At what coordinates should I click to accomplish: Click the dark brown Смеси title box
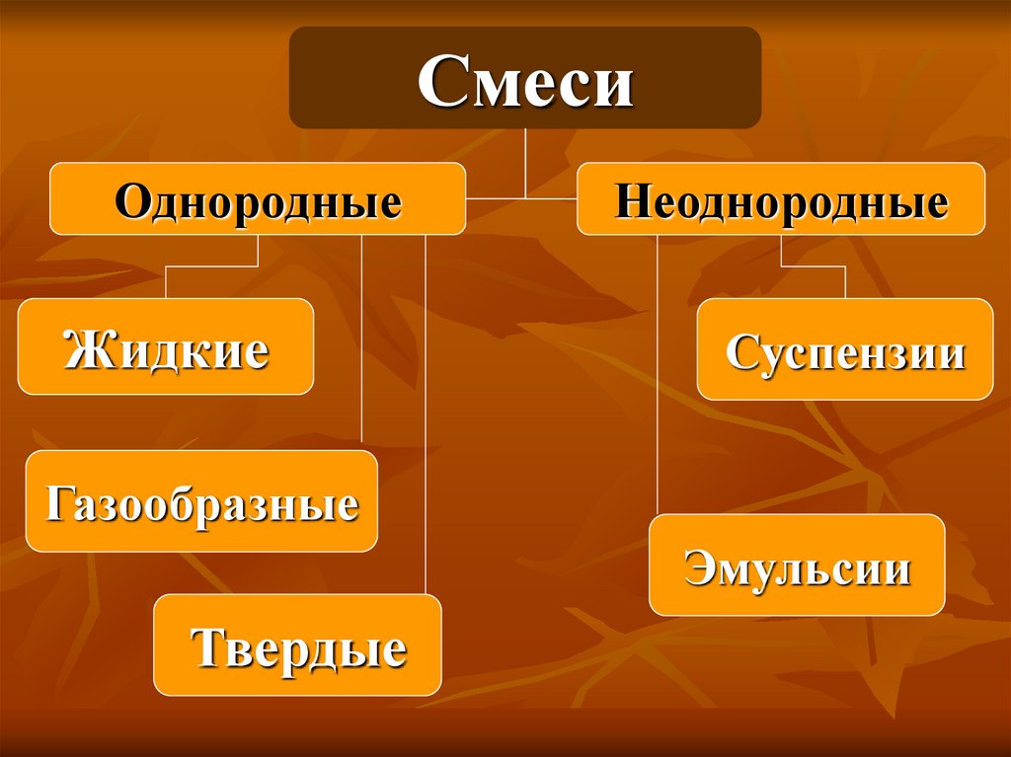[x=524, y=78]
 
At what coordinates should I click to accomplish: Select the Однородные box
[x=258, y=199]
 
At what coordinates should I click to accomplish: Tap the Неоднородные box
[x=781, y=199]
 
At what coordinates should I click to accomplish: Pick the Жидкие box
[x=166, y=346]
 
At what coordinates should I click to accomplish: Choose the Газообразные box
[x=201, y=501]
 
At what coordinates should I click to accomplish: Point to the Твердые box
[x=297, y=645]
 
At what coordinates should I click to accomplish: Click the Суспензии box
[x=845, y=349]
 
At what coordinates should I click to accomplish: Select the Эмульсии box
[x=797, y=566]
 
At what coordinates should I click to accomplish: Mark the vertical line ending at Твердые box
[x=426, y=415]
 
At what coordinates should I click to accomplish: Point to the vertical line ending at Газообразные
[x=362, y=341]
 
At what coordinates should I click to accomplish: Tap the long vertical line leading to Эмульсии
[x=658, y=375]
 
